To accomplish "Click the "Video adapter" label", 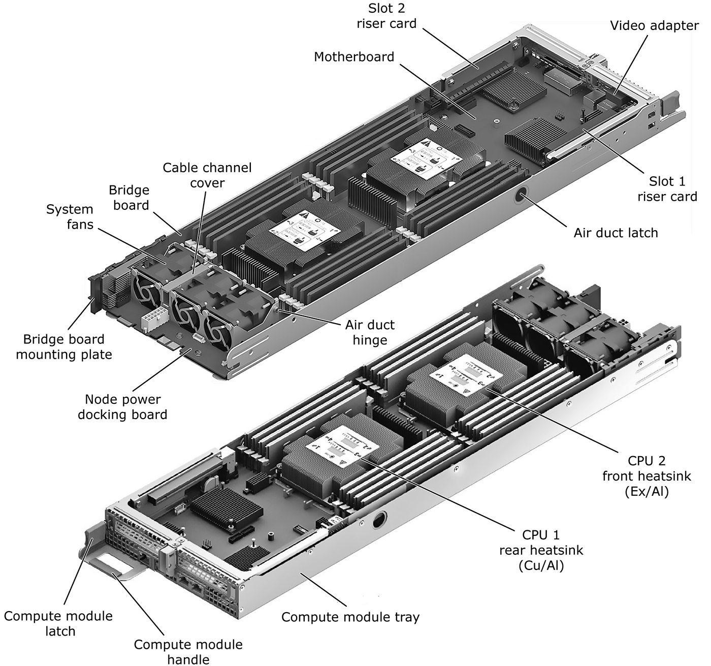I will click(x=654, y=25).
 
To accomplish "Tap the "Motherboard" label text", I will click(x=354, y=56).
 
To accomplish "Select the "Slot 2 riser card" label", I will click(x=386, y=16).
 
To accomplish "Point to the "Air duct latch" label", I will click(x=616, y=233).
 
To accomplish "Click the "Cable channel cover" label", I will click(x=207, y=175).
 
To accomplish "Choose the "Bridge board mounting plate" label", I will click(x=64, y=346).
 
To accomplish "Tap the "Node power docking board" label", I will click(x=122, y=406).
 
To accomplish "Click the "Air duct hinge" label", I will click(x=370, y=332).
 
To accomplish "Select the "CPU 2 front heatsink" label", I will click(x=647, y=476).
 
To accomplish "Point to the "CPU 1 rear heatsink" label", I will click(x=541, y=550).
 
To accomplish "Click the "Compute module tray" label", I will click(x=350, y=617).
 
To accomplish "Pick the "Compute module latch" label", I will click(x=58, y=623).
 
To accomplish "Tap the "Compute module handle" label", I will click(x=188, y=652).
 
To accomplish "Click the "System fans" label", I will click(x=70, y=216).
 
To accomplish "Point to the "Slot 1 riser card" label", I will click(x=667, y=188).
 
